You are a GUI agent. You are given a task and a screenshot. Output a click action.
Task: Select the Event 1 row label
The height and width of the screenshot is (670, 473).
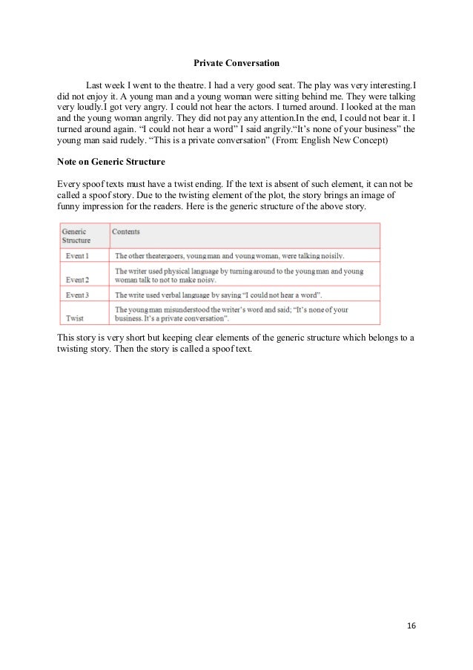coord(76,255)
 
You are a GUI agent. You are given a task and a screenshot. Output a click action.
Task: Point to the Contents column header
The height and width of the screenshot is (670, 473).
coord(126,231)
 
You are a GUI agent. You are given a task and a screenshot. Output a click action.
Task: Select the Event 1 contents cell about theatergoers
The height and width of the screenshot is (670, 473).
coord(229,255)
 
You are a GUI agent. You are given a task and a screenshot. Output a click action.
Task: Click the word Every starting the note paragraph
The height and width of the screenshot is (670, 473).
coord(69,183)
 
